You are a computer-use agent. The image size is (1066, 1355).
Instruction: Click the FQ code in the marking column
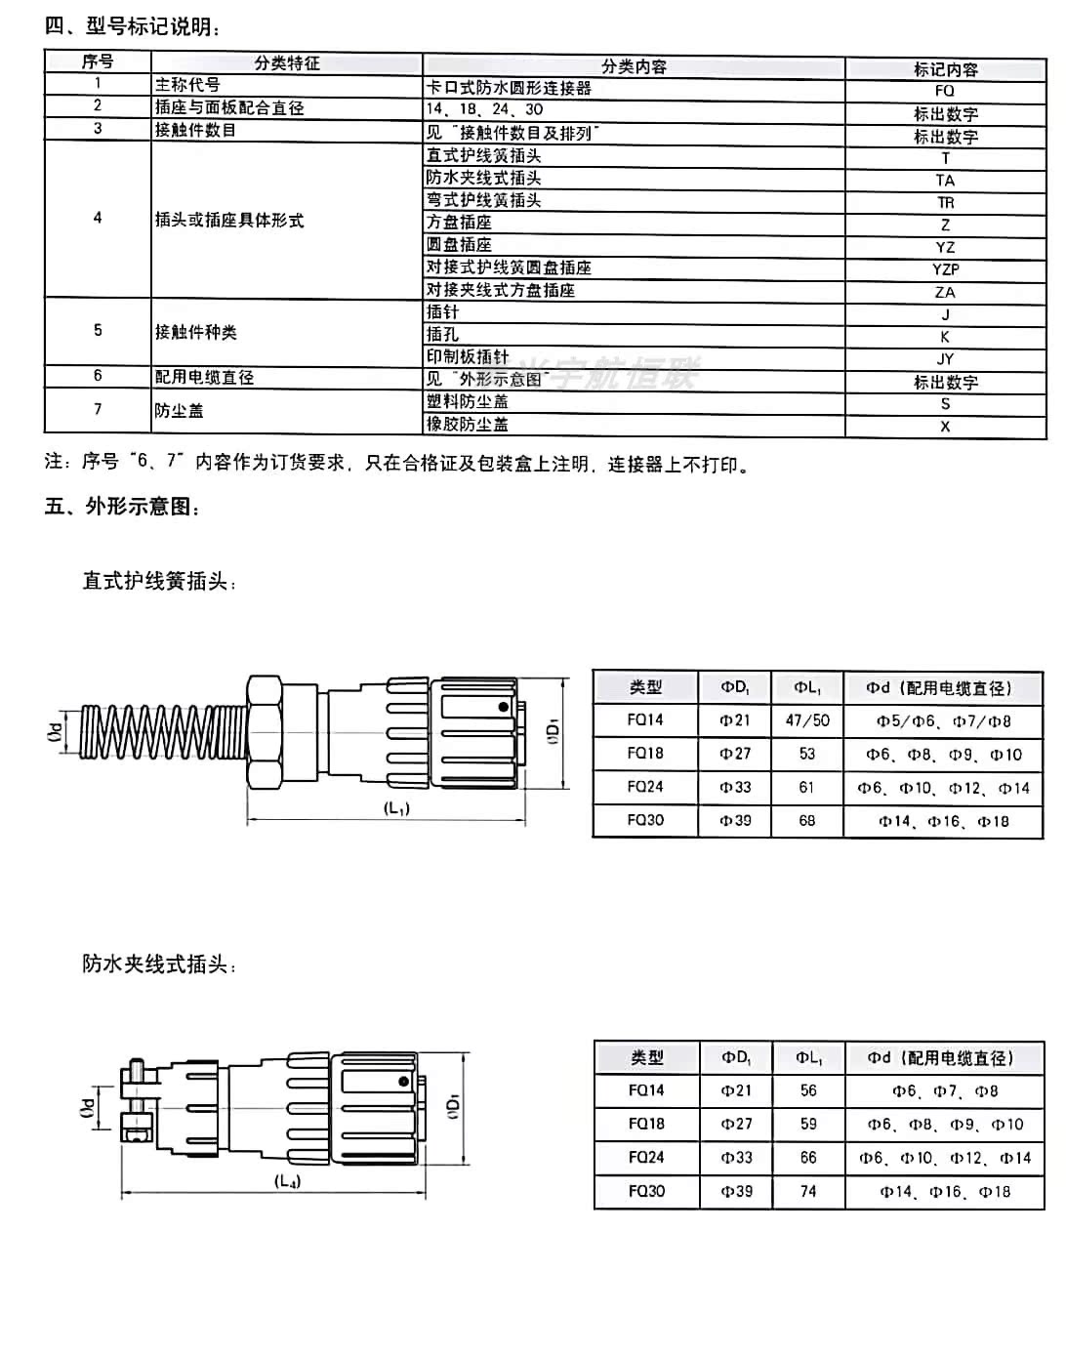click(944, 91)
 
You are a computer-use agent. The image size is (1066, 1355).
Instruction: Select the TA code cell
click(944, 181)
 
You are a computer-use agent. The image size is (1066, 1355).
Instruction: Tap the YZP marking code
click(944, 269)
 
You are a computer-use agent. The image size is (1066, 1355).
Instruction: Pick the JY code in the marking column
click(944, 359)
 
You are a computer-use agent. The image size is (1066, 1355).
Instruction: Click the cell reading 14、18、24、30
click(485, 109)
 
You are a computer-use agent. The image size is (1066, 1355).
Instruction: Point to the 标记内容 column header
click(944, 69)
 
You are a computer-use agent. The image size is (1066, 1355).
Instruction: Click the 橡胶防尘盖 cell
click(468, 425)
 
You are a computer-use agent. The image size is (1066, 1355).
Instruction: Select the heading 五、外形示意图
click(123, 507)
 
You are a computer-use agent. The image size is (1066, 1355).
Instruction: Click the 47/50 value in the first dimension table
click(806, 720)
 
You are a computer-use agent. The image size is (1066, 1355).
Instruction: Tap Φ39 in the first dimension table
click(735, 821)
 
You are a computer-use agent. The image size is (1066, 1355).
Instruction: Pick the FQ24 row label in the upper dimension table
click(645, 787)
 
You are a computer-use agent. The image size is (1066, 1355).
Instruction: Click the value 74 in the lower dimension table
click(808, 1191)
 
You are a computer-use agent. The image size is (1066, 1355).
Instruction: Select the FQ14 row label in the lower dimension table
click(646, 1090)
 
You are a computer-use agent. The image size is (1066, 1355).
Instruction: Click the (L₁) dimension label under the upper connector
click(397, 808)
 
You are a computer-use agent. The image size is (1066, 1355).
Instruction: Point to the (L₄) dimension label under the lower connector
click(287, 1181)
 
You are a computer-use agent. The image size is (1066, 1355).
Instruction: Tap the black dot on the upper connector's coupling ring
click(503, 707)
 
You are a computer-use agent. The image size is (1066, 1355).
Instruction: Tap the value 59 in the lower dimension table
click(808, 1124)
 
